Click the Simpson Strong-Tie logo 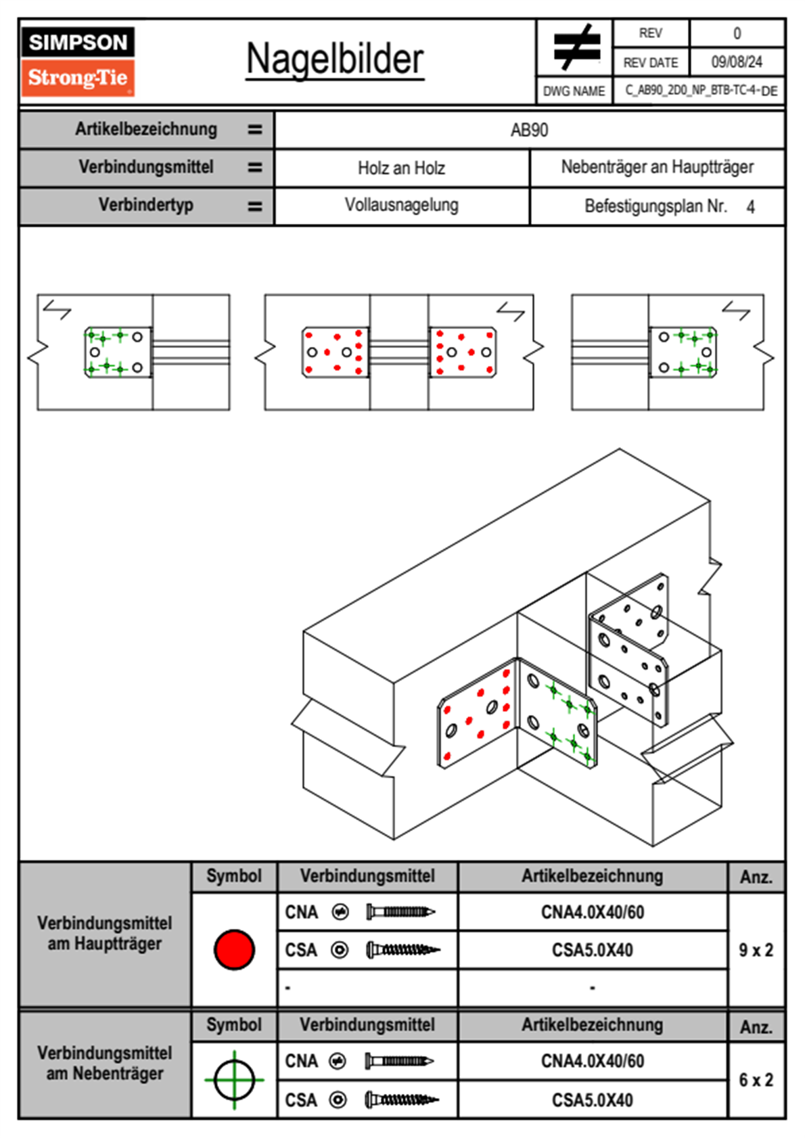pyautogui.click(x=78, y=61)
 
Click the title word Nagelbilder pyautogui.click(x=335, y=60)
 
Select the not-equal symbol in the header pyautogui.click(x=576, y=47)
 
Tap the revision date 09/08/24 pyautogui.click(x=736, y=62)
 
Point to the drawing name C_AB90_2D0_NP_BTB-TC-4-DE pyautogui.click(x=700, y=91)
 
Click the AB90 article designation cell pyautogui.click(x=529, y=130)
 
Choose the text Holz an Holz pyautogui.click(x=401, y=168)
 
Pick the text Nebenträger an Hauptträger pyautogui.click(x=657, y=167)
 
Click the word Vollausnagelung pyautogui.click(x=401, y=205)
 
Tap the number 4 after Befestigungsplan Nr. pyautogui.click(x=750, y=207)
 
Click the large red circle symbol pyautogui.click(x=234, y=949)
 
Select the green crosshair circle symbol pyautogui.click(x=234, y=1080)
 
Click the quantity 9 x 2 pyautogui.click(x=756, y=950)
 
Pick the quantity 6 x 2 pyautogui.click(x=756, y=1080)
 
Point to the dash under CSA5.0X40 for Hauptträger pyautogui.click(x=592, y=988)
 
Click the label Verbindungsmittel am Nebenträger pyautogui.click(x=105, y=1063)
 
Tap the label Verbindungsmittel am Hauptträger pyautogui.click(x=105, y=933)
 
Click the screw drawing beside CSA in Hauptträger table pyautogui.click(x=402, y=950)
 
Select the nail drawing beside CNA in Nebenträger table pyautogui.click(x=399, y=1061)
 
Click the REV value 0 pyautogui.click(x=737, y=33)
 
